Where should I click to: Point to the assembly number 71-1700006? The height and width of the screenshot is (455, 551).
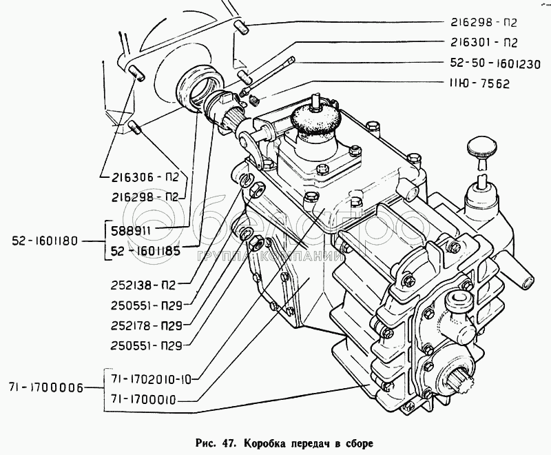point(44,390)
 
